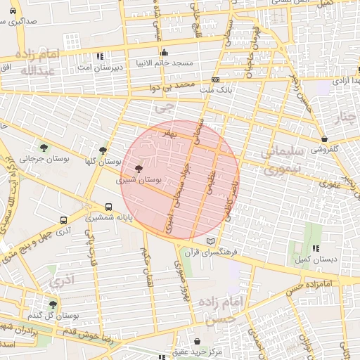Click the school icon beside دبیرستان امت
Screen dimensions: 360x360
tap(100, 56)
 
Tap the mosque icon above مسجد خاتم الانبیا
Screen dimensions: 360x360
tap(164, 51)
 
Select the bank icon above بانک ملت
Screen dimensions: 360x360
tap(215, 80)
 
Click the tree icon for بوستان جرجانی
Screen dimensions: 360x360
tap(44, 148)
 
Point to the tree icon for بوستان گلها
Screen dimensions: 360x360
tap(103, 150)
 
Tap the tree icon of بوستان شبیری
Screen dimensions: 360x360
tap(138, 169)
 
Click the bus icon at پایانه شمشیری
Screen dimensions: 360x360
tap(108, 207)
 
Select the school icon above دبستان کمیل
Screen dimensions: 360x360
tap(316, 248)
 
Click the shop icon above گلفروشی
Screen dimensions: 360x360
tap(323, 139)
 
